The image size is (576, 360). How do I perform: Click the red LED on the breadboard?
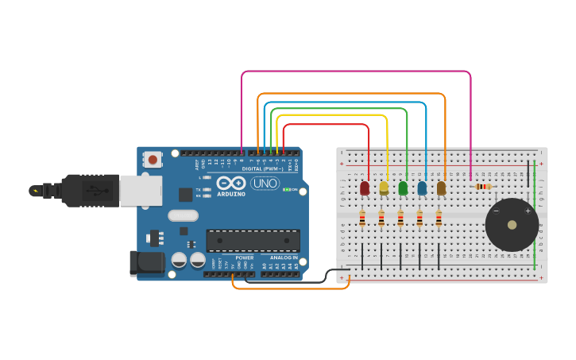tap(365, 188)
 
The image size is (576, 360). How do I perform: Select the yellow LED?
tap(384, 188)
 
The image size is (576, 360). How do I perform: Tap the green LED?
tap(403, 188)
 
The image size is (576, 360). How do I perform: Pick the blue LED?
tap(422, 188)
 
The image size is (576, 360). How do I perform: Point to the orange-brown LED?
tap(441, 188)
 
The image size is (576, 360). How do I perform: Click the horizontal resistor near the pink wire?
tap(482, 187)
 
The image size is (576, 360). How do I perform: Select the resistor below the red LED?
tap(362, 217)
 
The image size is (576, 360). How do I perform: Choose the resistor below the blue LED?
tap(419, 217)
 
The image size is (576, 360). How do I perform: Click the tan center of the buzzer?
tap(512, 225)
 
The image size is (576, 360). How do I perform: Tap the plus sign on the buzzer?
tap(528, 211)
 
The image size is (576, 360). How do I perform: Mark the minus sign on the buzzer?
tap(497, 211)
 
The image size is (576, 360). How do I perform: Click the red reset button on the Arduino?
tap(153, 160)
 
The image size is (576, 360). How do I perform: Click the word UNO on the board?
tap(265, 184)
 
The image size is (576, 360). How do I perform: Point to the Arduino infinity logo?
tap(230, 183)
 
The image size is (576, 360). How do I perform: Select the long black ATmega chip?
tap(253, 240)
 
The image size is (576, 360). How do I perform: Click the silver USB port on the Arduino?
tap(141, 191)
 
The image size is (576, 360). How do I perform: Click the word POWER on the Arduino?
tap(244, 257)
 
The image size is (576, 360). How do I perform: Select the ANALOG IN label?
tap(284, 257)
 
